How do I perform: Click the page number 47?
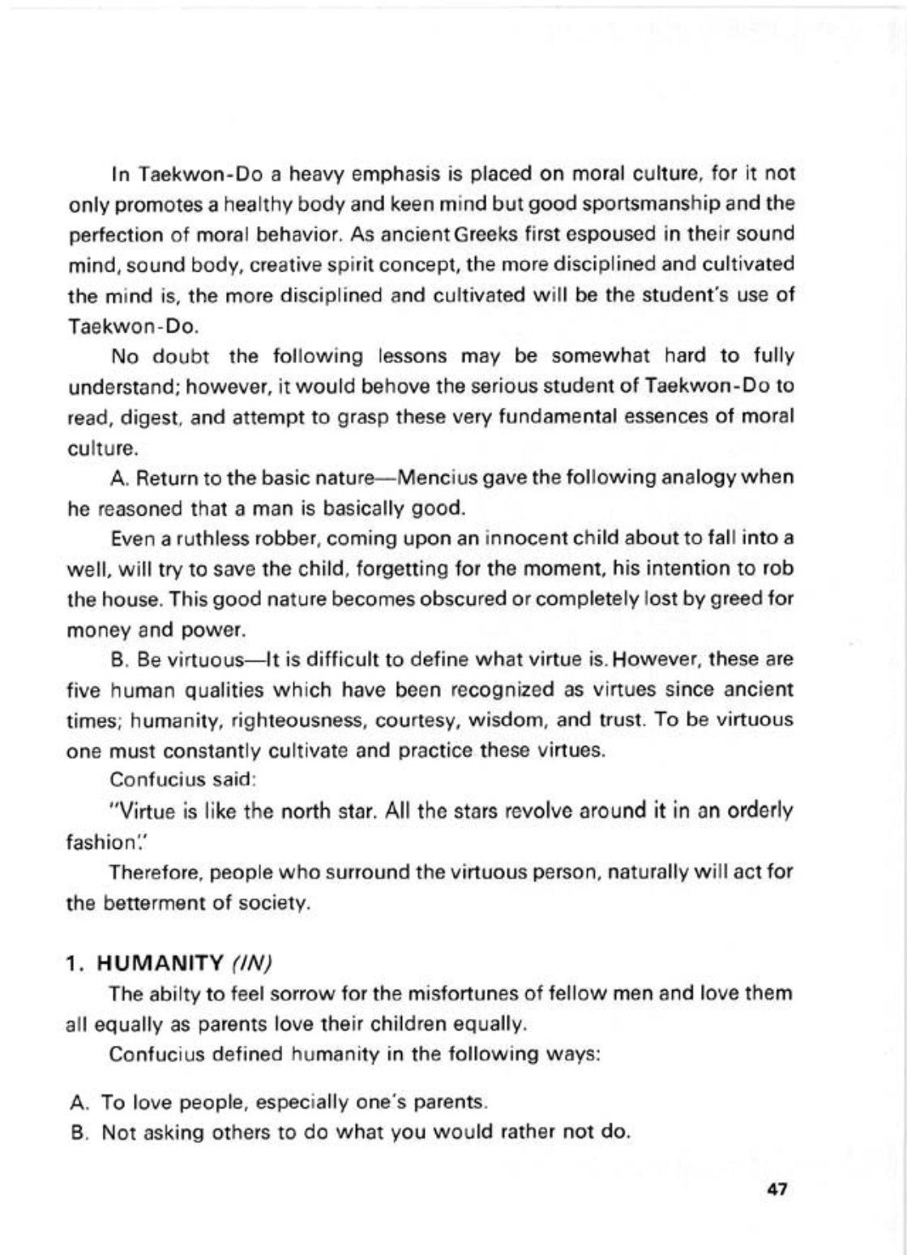coord(776,1189)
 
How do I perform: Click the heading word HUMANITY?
coord(160,963)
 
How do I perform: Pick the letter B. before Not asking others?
coord(79,1133)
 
